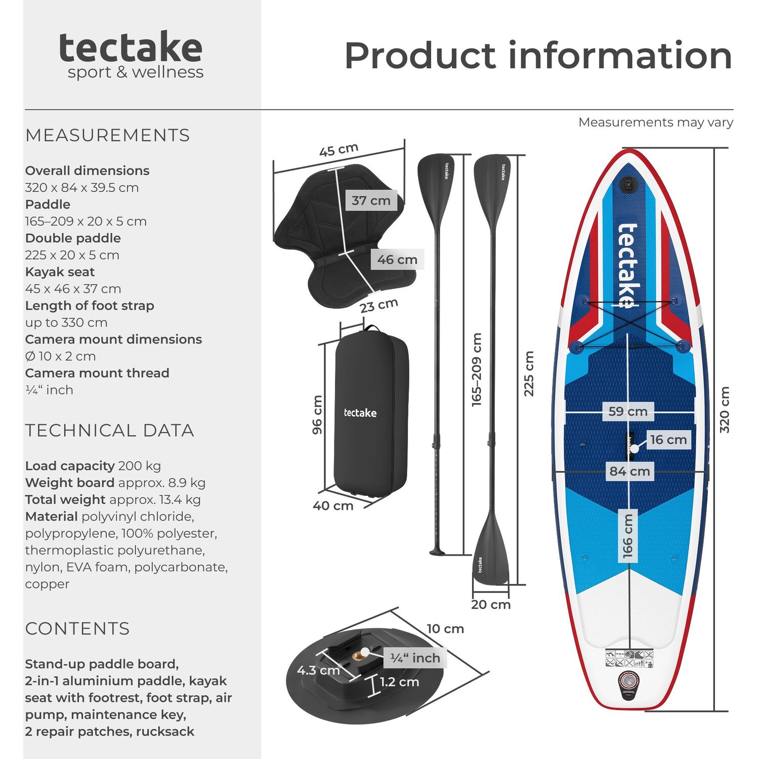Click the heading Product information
[x=538, y=56]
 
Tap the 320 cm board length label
[x=725, y=410]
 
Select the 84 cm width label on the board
[x=629, y=472]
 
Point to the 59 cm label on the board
[x=628, y=411]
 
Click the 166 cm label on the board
[x=628, y=536]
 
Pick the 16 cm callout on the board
[x=668, y=440]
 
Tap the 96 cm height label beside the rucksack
[x=317, y=415]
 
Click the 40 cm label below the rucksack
[x=333, y=505]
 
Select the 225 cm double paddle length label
[x=529, y=373]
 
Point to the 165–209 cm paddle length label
[x=477, y=369]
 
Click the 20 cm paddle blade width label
[x=491, y=605]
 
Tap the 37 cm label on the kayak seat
[x=371, y=200]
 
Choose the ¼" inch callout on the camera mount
[x=415, y=658]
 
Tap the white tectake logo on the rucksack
[x=360, y=413]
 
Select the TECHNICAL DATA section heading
[x=110, y=431]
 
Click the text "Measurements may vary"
[x=656, y=122]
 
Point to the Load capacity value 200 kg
[x=140, y=466]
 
